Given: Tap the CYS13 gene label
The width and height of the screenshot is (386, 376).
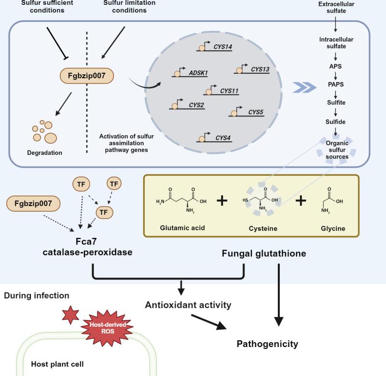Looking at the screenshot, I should [x=260, y=69].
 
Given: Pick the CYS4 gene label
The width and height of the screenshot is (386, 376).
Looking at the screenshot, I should [x=223, y=138].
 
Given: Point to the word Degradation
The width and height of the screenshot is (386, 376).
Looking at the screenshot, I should [x=44, y=153].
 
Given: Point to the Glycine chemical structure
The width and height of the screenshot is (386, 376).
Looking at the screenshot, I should [x=333, y=202].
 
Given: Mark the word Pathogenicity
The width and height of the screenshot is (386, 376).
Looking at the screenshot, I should [x=267, y=344].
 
